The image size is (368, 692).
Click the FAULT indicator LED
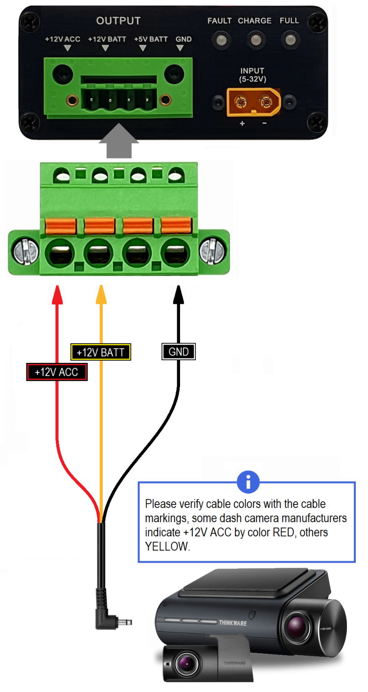point(220,40)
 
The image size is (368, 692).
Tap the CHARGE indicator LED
point(254,40)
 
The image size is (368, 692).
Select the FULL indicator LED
point(289,40)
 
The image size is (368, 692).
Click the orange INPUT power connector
point(253,102)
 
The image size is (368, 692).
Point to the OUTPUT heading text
point(118,21)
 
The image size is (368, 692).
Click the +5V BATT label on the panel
point(151,39)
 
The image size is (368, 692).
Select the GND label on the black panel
point(184,39)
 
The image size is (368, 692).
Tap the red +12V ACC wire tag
point(56,372)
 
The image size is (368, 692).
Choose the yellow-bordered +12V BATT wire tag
point(101,352)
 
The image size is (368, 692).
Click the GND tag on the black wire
point(179,351)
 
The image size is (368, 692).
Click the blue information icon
point(248,482)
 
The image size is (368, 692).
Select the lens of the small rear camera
point(188,665)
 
